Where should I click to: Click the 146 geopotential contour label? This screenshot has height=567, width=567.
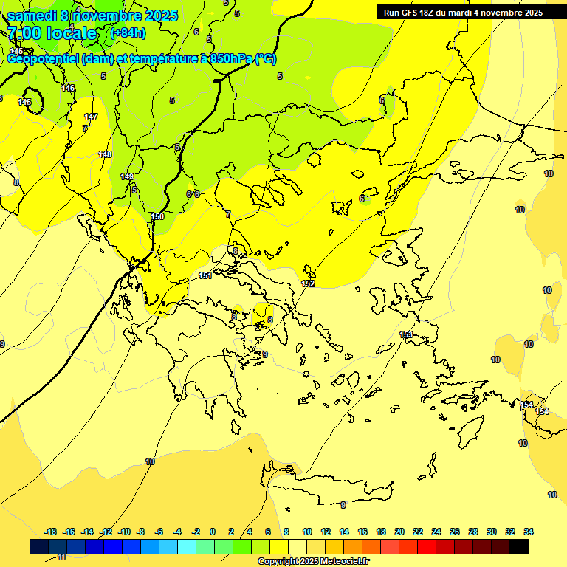pyautogui.click(x=69, y=89)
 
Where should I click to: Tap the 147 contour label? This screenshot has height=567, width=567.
pyautogui.click(x=91, y=117)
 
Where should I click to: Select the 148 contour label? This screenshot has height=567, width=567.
pyautogui.click(x=105, y=154)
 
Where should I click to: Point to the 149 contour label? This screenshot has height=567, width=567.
pyautogui.click(x=127, y=177)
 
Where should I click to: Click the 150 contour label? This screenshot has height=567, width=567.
pyautogui.click(x=157, y=216)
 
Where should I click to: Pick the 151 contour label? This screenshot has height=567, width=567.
pyautogui.click(x=205, y=275)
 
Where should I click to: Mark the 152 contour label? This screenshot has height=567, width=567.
pyautogui.click(x=309, y=284)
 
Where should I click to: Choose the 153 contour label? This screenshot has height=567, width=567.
pyautogui.click(x=406, y=335)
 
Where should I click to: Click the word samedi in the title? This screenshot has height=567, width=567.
pyautogui.click(x=34, y=16)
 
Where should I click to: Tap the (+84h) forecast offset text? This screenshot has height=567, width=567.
pyautogui.click(x=127, y=33)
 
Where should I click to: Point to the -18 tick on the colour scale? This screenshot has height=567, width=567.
pyautogui.click(x=51, y=532)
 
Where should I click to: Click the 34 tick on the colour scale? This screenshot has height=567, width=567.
pyautogui.click(x=529, y=532)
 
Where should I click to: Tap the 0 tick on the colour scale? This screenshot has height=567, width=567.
pyautogui.click(x=213, y=532)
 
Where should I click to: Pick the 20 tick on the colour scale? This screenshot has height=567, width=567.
pyautogui.click(x=399, y=532)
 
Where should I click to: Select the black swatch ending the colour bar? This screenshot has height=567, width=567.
pyautogui.click(x=519, y=546)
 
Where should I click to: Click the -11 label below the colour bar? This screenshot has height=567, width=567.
pyautogui.click(x=61, y=557)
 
